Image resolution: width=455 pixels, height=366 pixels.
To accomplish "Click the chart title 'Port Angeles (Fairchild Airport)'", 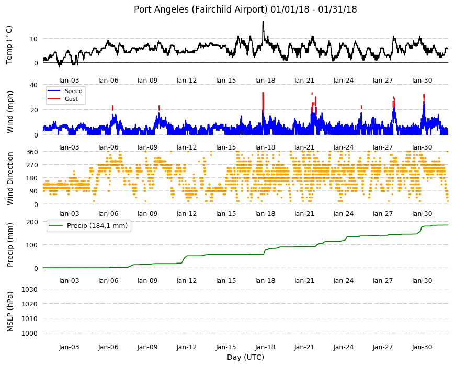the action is point(200,9).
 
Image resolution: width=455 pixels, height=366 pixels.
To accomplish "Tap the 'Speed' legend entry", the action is point(73,91).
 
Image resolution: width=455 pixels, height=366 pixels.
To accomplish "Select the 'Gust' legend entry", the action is point(71,99).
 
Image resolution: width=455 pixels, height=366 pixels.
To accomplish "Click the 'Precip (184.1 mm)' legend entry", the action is point(97,226).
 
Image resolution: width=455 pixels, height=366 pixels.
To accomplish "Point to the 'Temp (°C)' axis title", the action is point(9,44).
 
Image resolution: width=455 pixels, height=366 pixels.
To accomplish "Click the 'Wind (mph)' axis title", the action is point(10,112).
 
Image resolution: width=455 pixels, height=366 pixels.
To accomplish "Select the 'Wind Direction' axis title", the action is point(10,178).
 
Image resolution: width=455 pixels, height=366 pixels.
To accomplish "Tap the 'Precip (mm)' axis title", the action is point(10,245).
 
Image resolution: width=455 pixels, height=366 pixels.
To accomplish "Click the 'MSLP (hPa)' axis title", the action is point(10,312).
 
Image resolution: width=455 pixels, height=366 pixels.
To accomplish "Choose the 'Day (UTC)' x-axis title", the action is point(245,357).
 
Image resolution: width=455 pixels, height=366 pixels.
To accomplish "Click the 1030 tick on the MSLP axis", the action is point(30,290).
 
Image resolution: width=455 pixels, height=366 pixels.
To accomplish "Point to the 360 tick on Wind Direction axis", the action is point(32,152).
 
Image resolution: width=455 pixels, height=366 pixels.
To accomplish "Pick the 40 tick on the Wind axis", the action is point(34,85).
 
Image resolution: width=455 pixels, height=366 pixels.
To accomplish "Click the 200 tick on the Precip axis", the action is point(32,222).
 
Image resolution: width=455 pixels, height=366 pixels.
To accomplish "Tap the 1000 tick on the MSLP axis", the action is point(30,333).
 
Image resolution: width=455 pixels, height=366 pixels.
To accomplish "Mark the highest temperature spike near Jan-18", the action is point(263,22).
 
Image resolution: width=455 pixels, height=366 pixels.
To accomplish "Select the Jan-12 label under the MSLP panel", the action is point(187,347).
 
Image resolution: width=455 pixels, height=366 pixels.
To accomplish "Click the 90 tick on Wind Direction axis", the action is point(34,191).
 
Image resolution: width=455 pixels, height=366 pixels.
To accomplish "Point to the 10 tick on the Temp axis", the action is point(34,39).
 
